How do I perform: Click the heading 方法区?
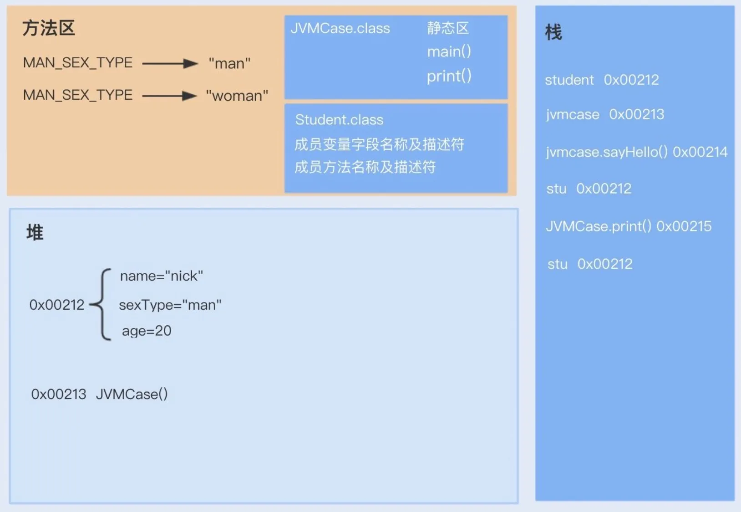[49, 28]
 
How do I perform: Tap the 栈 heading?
[553, 32]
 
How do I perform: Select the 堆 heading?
[35, 232]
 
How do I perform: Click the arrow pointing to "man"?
[170, 63]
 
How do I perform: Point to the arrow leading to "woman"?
[170, 96]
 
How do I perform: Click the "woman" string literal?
[237, 96]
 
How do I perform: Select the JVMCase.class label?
[340, 28]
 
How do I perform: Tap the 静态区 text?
[448, 28]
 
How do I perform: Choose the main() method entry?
[449, 51]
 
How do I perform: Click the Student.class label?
[339, 119]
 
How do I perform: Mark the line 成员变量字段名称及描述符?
[380, 144]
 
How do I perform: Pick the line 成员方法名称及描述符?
[365, 167]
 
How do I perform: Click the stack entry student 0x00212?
[602, 80]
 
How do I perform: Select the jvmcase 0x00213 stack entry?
[605, 114]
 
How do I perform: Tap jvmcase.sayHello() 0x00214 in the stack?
[637, 152]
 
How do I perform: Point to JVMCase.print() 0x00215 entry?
[629, 226]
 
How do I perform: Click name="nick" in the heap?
[162, 276]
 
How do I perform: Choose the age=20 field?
[147, 331]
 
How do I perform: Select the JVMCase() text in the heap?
[132, 394]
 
